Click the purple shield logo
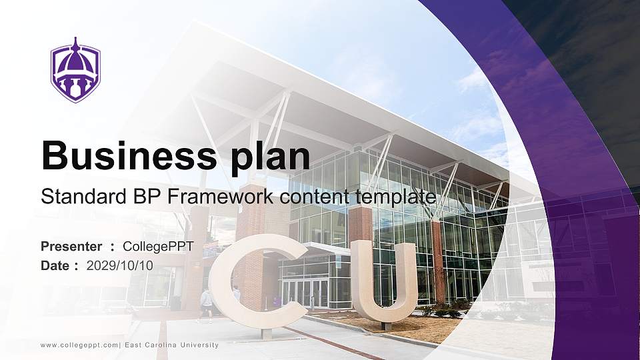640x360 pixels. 75,70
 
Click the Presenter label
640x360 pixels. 71,247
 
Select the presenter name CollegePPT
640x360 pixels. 158,247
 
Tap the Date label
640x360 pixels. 55,265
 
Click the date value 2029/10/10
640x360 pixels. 120,265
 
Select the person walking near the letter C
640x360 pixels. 207,303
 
